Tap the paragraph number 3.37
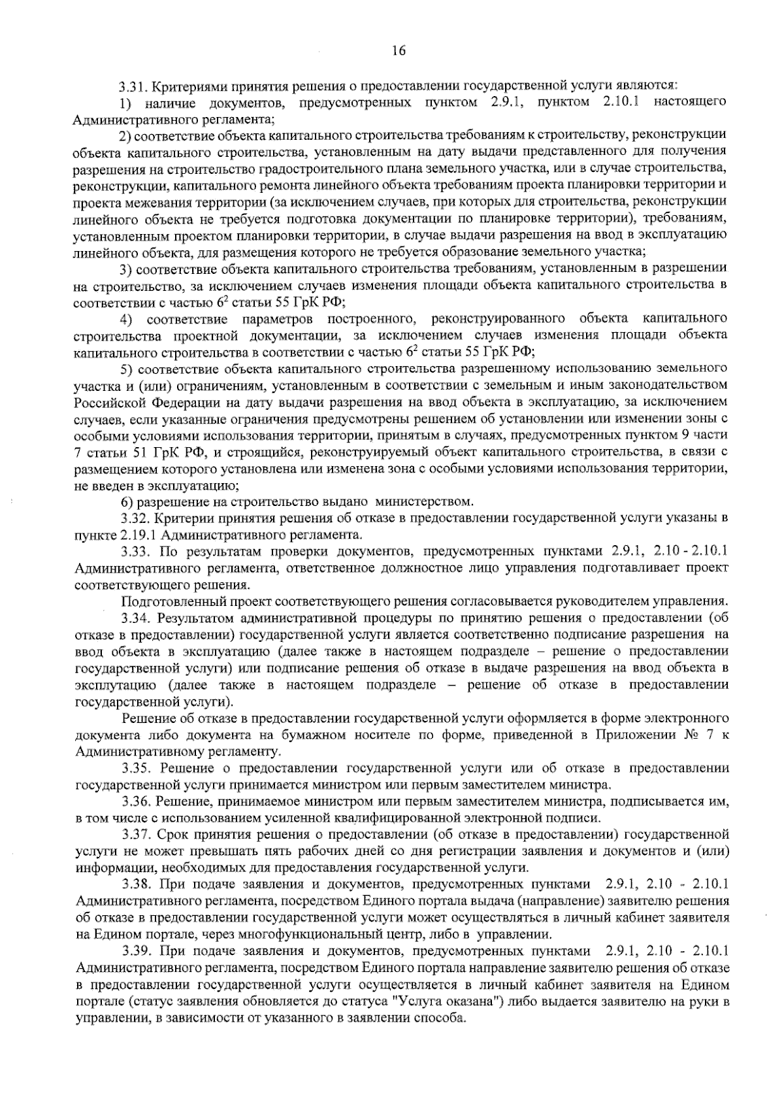[137, 835]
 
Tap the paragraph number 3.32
[137, 518]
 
